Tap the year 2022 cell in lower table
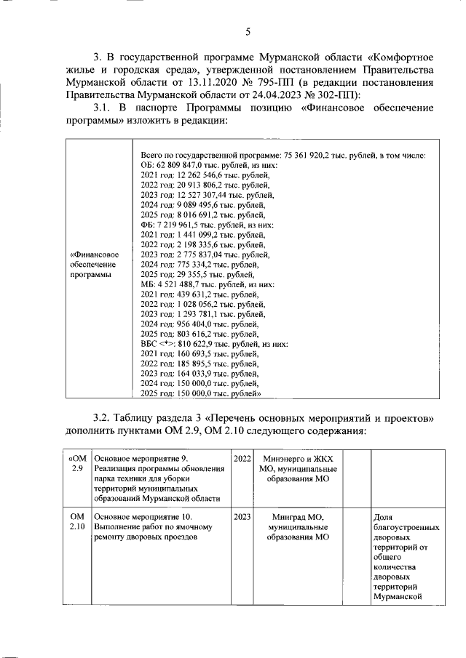(x=242, y=458)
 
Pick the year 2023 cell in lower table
(x=242, y=516)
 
